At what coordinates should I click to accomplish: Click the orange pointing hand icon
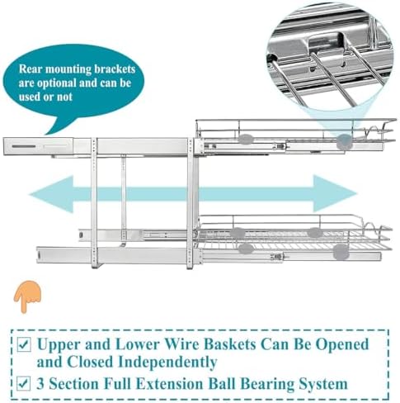(27, 296)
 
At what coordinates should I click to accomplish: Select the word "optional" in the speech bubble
(56, 83)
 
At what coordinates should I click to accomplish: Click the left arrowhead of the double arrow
(51, 194)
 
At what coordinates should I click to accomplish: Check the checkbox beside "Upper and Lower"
(24, 344)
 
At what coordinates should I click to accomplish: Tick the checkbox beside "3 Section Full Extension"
(24, 383)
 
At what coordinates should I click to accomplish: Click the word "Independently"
(167, 363)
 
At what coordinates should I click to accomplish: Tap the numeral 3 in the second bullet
(40, 384)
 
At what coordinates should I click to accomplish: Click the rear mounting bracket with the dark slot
(39, 146)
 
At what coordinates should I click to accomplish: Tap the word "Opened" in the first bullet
(342, 345)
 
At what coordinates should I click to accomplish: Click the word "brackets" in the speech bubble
(115, 69)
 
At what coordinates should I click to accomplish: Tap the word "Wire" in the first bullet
(183, 344)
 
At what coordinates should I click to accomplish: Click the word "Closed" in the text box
(91, 362)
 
